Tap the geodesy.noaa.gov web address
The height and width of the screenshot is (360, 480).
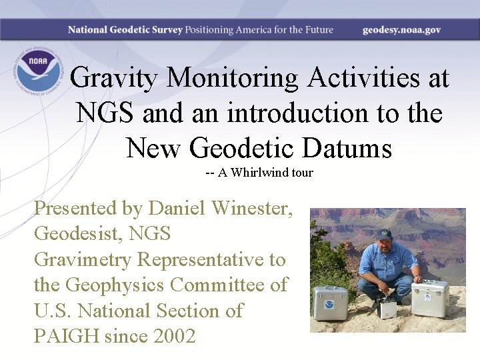tap(401, 30)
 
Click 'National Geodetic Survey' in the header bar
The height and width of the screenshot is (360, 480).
tap(125, 30)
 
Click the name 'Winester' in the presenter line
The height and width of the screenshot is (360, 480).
tap(251, 209)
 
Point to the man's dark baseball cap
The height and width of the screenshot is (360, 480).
tap(383, 235)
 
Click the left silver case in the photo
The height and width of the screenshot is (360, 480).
tap(331, 303)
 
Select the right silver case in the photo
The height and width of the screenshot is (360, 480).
tap(429, 299)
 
